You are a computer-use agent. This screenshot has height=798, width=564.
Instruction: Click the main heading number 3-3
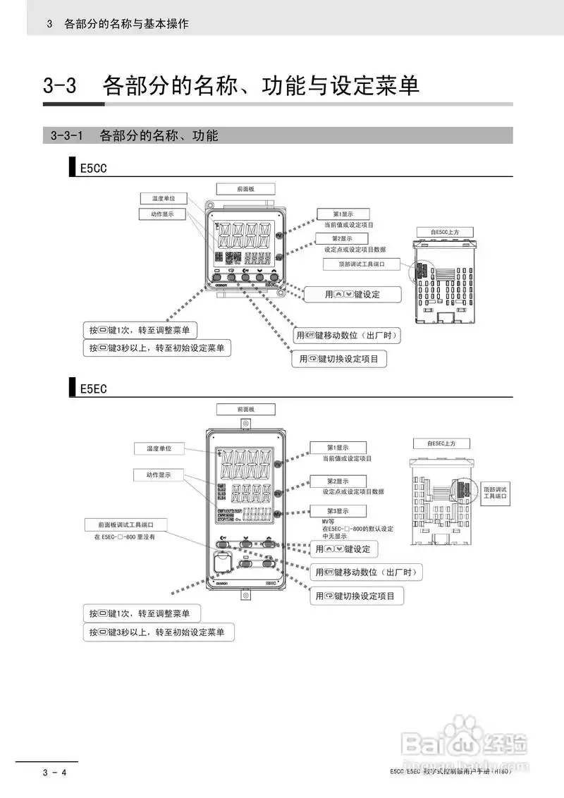[x=60, y=86]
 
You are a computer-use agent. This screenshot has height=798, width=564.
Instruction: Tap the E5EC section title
[x=93, y=388]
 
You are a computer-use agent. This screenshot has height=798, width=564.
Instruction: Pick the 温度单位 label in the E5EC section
[x=159, y=448]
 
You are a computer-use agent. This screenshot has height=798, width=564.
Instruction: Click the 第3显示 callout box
[x=338, y=510]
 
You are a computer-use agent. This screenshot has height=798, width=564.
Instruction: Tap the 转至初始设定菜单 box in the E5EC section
[x=158, y=632]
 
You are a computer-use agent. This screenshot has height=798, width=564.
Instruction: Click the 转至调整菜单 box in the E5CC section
[x=140, y=330]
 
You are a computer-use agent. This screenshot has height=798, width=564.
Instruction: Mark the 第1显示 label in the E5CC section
[x=343, y=214]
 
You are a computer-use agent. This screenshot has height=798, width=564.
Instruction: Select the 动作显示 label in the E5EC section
[x=159, y=475]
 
